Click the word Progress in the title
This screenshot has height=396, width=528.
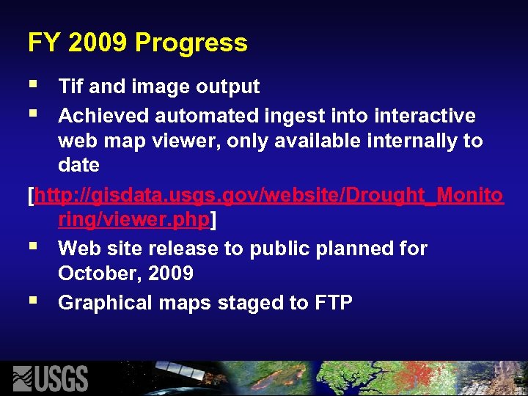(x=191, y=43)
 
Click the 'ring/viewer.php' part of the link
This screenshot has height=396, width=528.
(x=134, y=220)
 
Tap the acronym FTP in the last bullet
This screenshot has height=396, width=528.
(x=333, y=302)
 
